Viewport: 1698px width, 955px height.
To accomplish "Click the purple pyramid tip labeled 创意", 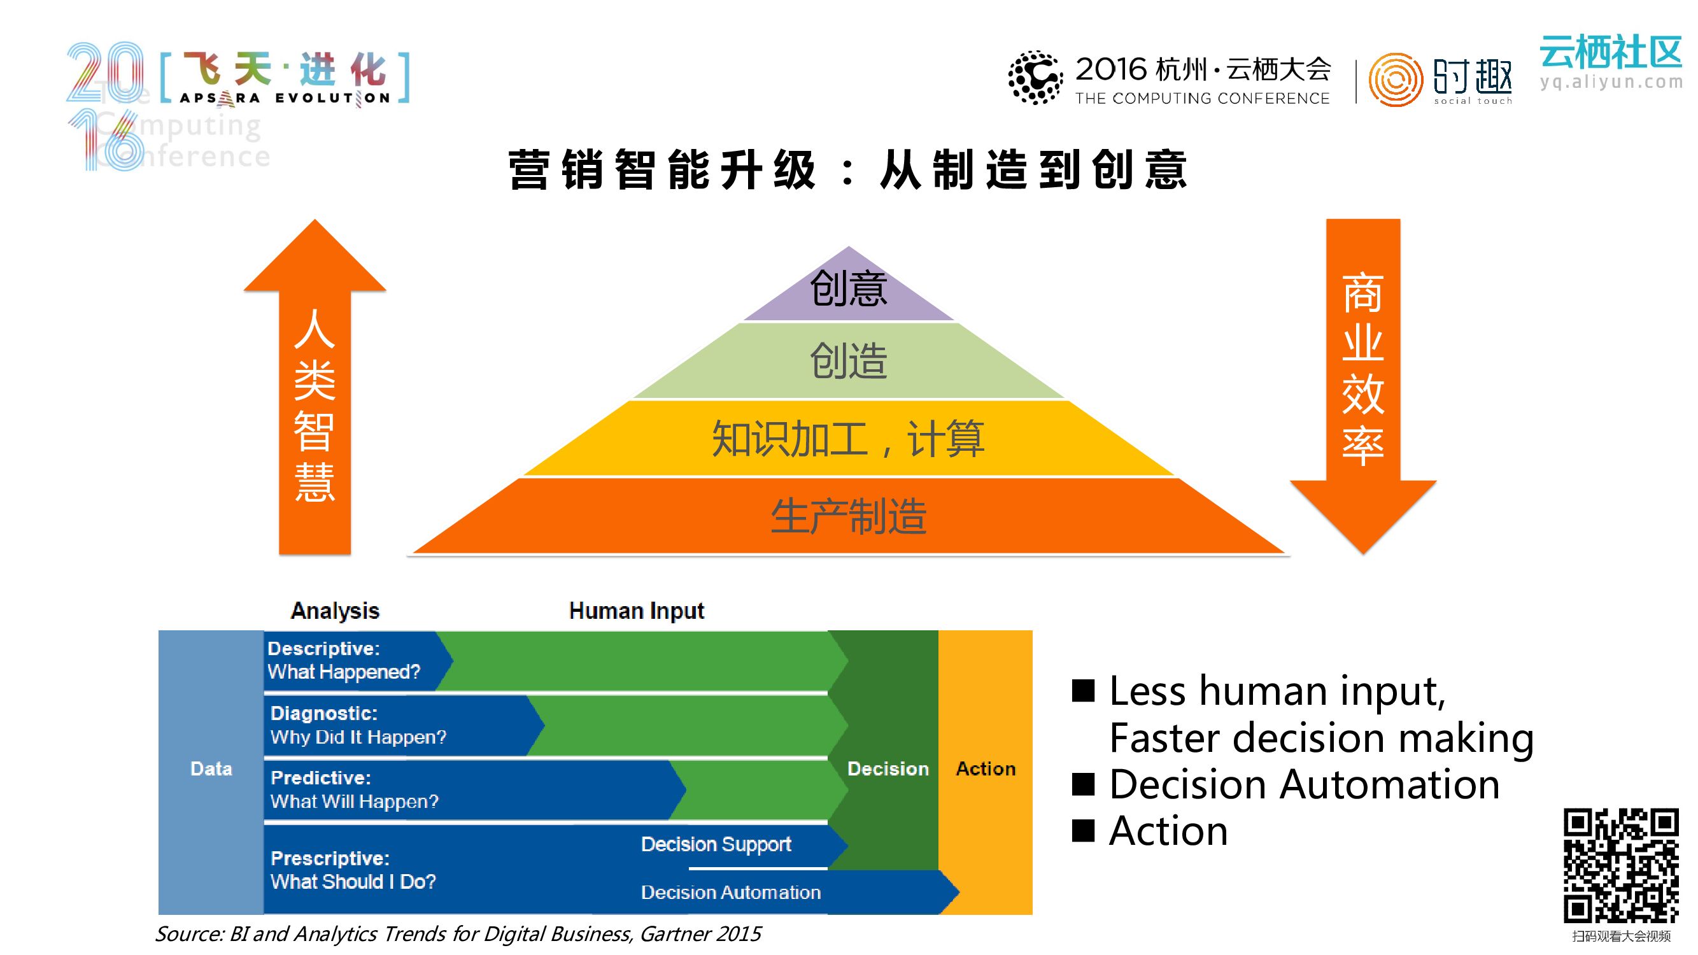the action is [x=848, y=289].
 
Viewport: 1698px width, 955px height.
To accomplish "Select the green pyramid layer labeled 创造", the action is [x=848, y=361].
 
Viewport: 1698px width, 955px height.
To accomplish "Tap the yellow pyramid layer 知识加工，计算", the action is [x=848, y=438].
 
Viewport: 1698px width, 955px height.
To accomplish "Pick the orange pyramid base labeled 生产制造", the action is [x=848, y=516].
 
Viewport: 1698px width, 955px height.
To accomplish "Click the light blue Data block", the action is [x=211, y=769].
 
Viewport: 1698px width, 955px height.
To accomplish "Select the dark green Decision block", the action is [x=888, y=769].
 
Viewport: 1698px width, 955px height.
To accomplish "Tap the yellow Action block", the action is [x=986, y=769].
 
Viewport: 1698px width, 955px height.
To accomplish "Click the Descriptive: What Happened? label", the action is [x=343, y=660].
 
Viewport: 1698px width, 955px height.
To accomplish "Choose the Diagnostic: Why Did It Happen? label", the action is [x=358, y=725].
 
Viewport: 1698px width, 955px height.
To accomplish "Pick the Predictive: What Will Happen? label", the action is [x=354, y=789].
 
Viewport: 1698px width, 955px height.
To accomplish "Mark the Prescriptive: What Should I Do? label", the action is [x=353, y=870].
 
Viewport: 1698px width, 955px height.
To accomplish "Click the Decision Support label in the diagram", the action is [x=716, y=844].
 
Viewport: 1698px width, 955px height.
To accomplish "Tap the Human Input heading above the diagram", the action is [x=636, y=611].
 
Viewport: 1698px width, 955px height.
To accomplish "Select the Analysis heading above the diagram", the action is [x=335, y=611].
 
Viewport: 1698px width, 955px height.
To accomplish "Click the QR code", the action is [x=1621, y=865].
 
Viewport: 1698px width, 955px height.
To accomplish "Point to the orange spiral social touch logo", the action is [x=1395, y=80].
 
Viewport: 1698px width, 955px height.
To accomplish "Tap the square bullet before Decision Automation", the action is [x=1083, y=784].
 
